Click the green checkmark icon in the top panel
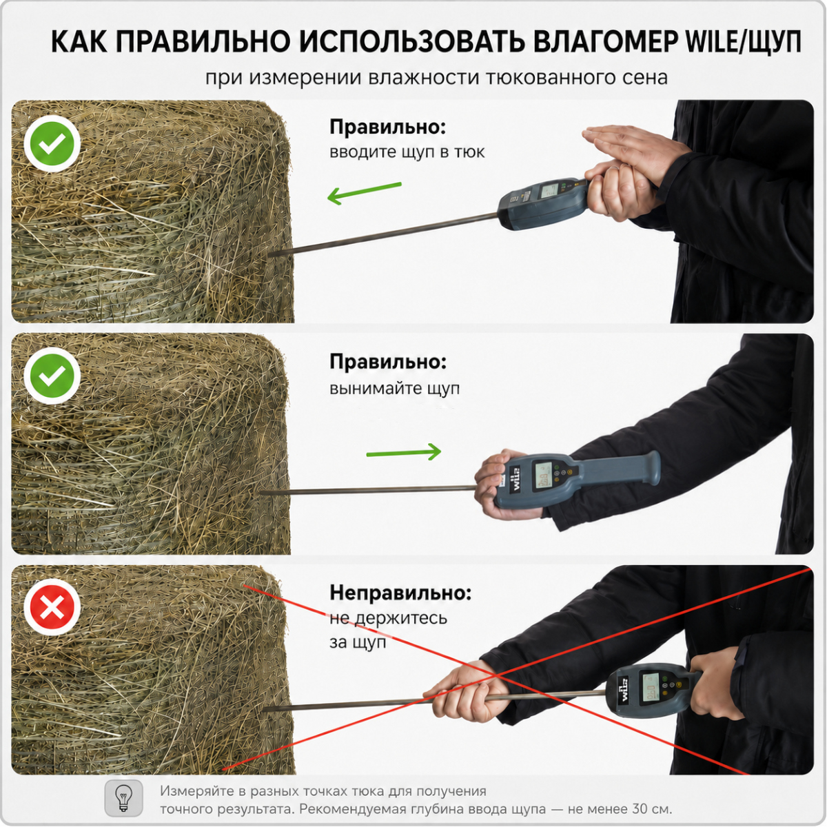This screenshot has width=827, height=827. click(52, 143)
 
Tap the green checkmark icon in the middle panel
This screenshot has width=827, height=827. click(52, 376)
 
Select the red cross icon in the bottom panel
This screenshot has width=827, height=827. click(52, 607)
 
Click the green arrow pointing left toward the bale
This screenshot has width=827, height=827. click(364, 193)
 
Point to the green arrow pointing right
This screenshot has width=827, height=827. click(403, 452)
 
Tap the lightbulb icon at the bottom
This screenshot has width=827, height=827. click(123, 798)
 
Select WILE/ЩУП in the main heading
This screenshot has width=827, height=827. click(744, 43)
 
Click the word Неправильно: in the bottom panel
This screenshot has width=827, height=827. click(400, 593)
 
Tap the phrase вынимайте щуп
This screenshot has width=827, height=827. click(394, 389)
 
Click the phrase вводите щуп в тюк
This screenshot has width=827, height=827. click(407, 152)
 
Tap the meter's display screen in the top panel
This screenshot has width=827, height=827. click(550, 190)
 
